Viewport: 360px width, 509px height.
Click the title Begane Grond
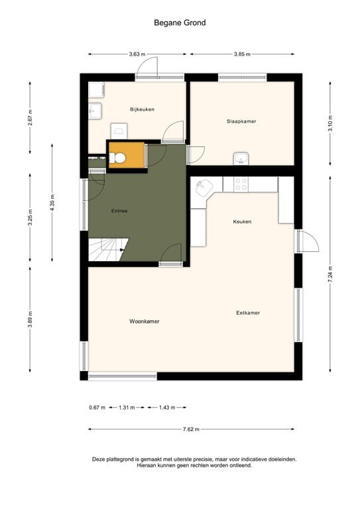pos(180,23)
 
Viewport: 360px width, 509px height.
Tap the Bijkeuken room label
pos(142,109)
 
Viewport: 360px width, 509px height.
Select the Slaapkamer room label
pos(241,121)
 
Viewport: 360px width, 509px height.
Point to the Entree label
pos(119,211)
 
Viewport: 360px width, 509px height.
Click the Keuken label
pos(242,221)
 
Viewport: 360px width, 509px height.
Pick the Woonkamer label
pos(145,321)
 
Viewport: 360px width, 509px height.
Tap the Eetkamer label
pos(248,313)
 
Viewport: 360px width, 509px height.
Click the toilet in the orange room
pos(119,158)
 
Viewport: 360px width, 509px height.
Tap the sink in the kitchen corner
pos(202,188)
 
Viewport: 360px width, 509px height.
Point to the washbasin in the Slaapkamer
pos(241,158)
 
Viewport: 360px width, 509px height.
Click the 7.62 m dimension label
pos(190,429)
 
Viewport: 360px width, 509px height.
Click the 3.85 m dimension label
pos(242,54)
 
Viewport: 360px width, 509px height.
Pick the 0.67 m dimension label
pos(97,408)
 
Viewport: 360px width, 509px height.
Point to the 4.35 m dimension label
pos(51,201)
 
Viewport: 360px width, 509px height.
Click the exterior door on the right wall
pos(307,241)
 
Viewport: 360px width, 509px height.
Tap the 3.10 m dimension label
pos(330,123)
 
